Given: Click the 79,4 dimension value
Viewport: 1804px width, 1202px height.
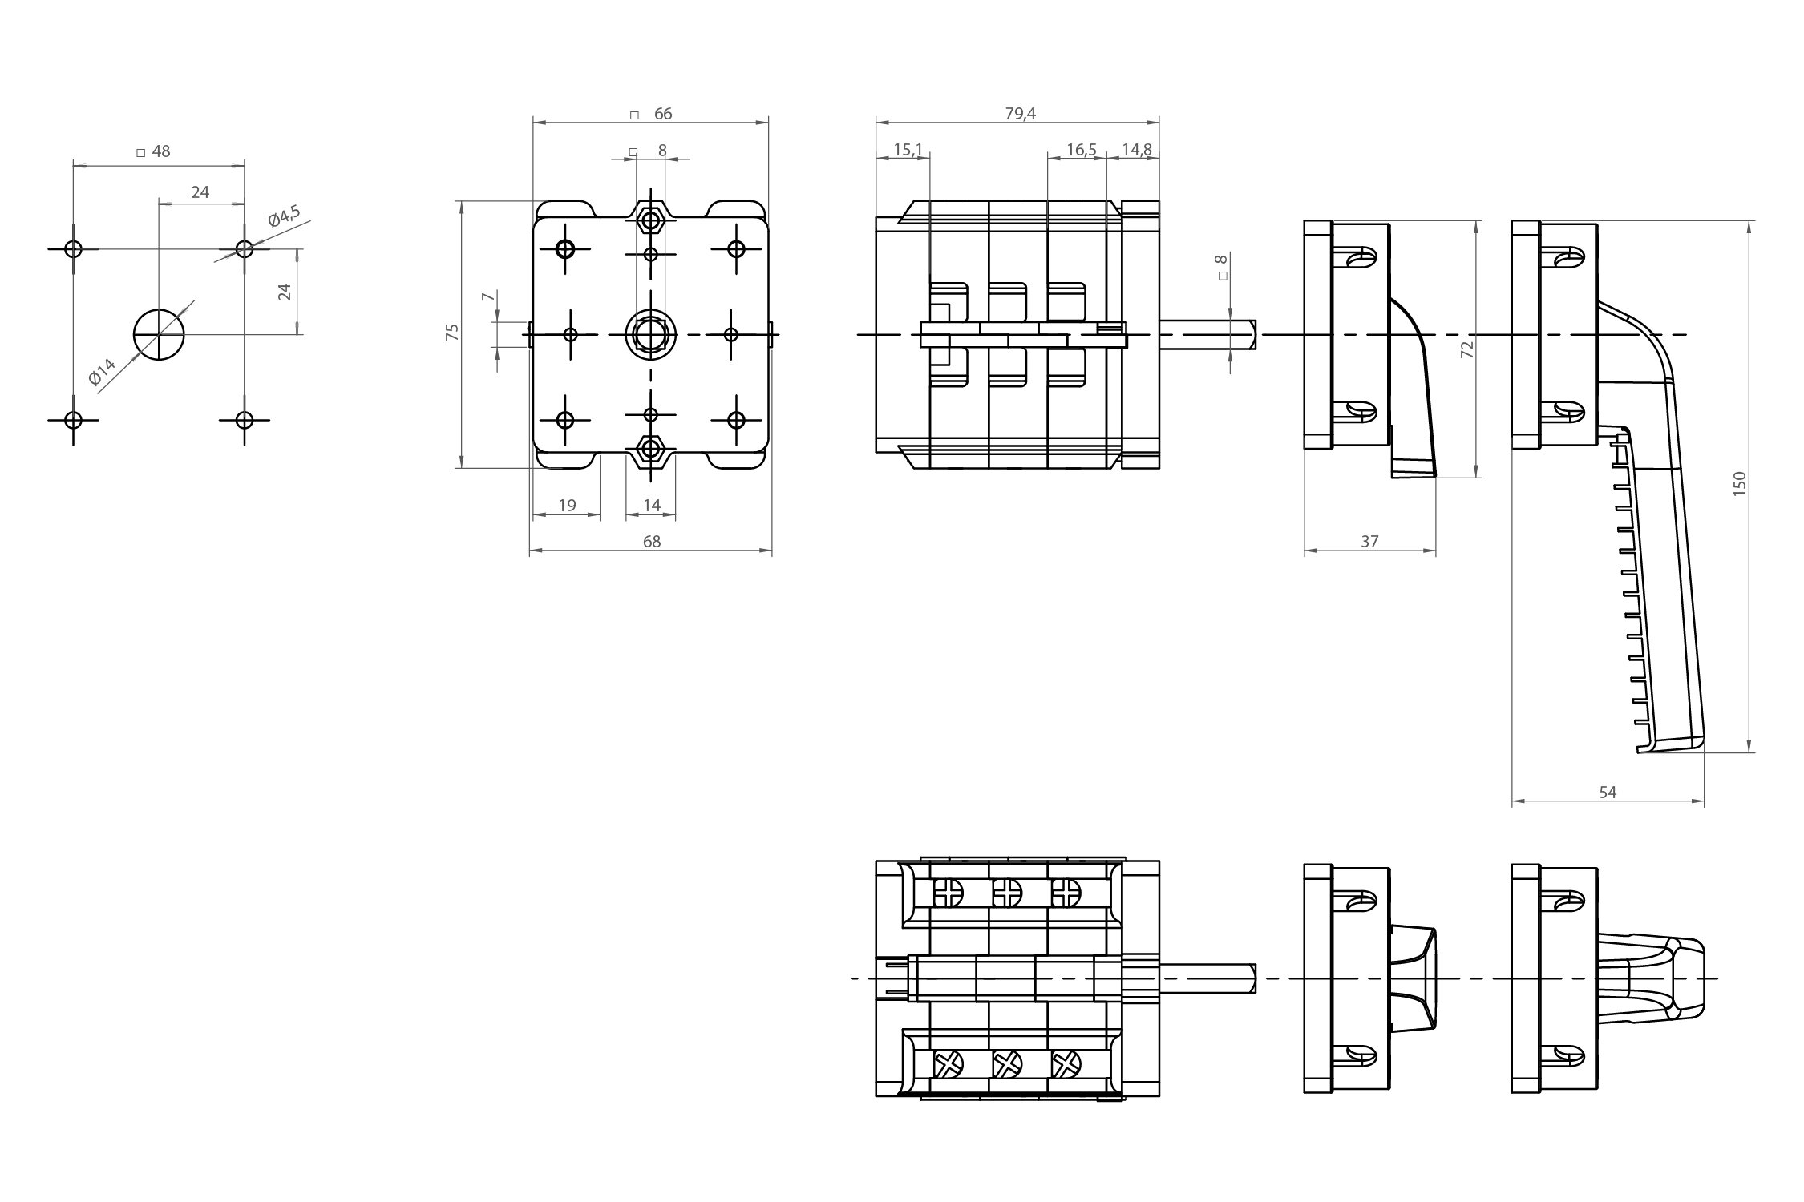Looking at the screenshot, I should pyautogui.click(x=1020, y=114).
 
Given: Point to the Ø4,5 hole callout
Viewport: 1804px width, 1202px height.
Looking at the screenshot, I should pyautogui.click(x=284, y=217).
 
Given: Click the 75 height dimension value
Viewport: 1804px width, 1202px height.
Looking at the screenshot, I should pyautogui.click(x=452, y=333).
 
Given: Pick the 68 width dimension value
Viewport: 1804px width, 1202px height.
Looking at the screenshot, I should pyautogui.click(x=652, y=542).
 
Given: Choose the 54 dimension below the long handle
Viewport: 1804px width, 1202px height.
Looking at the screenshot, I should pyautogui.click(x=1608, y=793).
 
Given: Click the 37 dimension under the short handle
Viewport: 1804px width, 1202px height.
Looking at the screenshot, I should pyautogui.click(x=1369, y=542).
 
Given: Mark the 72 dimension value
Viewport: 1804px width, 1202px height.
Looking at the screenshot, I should pyautogui.click(x=1467, y=349).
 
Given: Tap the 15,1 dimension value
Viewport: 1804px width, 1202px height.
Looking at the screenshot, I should pyautogui.click(x=908, y=149).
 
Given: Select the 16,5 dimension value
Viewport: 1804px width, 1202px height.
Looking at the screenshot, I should pyautogui.click(x=1082, y=149).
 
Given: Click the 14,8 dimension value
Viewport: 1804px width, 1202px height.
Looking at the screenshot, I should pyautogui.click(x=1137, y=149).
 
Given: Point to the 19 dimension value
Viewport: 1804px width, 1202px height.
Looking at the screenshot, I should pyautogui.click(x=567, y=506).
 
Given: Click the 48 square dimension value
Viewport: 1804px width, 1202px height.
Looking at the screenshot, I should pyautogui.click(x=161, y=151).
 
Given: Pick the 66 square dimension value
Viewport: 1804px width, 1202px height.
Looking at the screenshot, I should pyautogui.click(x=663, y=114).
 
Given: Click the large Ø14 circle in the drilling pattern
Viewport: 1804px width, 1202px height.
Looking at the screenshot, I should pyautogui.click(x=159, y=333).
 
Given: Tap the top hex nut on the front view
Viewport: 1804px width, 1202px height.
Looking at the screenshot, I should pyautogui.click(x=650, y=217).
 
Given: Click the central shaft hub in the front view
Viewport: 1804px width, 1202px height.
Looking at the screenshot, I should pyautogui.click(x=650, y=333).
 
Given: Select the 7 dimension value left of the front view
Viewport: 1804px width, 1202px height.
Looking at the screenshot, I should pyautogui.click(x=486, y=297).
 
